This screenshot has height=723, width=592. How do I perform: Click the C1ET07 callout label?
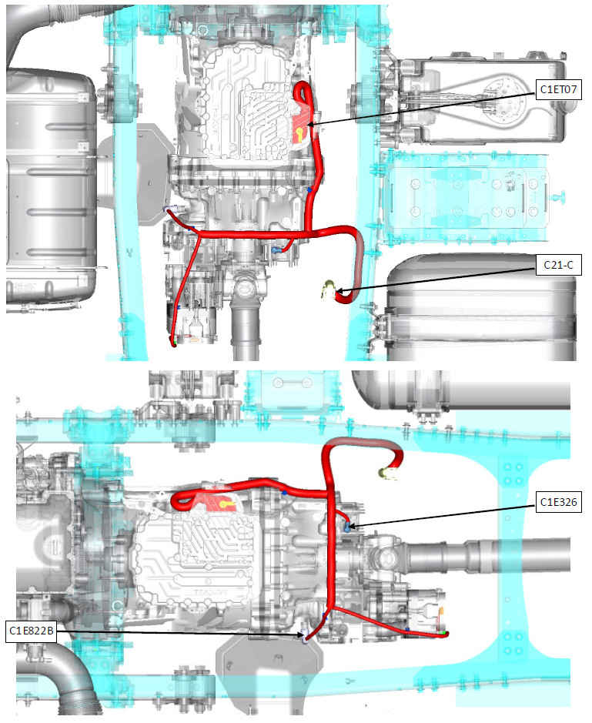(x=558, y=89)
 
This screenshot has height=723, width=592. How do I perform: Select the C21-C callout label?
(x=558, y=265)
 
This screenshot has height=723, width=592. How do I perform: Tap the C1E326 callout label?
(x=558, y=502)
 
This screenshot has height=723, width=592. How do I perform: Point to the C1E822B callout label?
(x=32, y=631)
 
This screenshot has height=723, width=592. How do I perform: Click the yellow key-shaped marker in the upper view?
(x=300, y=134)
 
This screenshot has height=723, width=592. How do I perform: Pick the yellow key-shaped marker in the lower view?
(x=226, y=504)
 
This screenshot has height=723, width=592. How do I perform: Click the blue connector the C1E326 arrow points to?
(x=348, y=526)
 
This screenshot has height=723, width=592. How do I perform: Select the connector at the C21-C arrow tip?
(x=329, y=290)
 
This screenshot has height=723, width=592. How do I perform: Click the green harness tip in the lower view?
(x=444, y=634)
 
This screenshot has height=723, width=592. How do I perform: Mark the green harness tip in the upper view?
(x=174, y=343)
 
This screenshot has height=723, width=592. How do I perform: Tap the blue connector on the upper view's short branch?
(x=276, y=250)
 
